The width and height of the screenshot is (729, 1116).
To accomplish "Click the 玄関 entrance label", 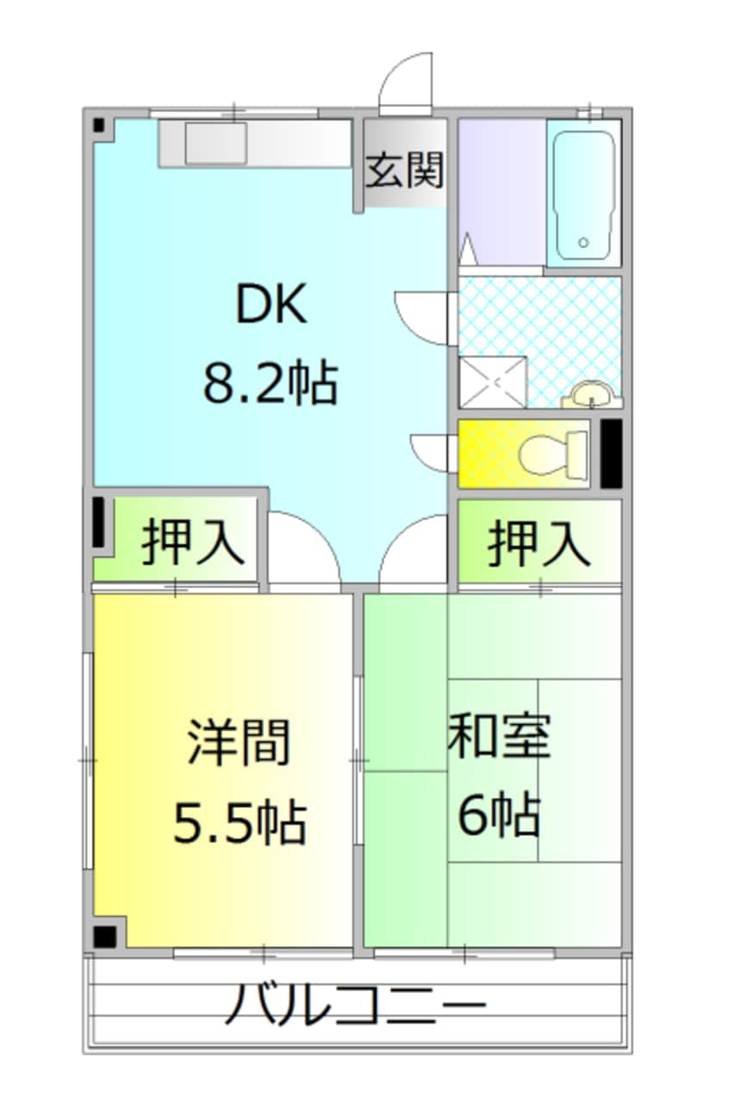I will [404, 170].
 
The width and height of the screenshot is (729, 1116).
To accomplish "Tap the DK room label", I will [271, 306].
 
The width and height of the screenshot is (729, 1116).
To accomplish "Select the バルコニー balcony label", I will [356, 1004].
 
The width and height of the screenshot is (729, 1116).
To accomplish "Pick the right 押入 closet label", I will [539, 543].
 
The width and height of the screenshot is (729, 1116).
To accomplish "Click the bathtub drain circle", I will [583, 243].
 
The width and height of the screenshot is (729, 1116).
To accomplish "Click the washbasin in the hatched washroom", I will [592, 396].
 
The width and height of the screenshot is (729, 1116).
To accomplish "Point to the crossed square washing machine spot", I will [492, 380].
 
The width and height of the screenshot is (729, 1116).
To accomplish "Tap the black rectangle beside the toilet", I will [610, 452].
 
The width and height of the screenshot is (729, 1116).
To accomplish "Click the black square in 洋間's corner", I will [106, 936].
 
